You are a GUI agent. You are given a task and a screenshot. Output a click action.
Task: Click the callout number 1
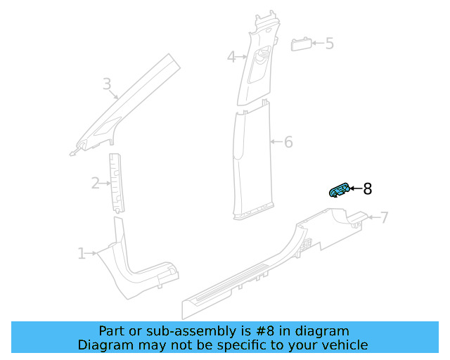[82, 253]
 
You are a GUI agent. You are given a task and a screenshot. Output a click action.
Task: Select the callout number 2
[96, 184]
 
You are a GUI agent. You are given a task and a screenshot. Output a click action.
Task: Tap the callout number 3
[107, 85]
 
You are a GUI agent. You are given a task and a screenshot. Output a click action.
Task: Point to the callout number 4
[231, 57]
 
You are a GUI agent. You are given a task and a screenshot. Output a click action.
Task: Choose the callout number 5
[329, 44]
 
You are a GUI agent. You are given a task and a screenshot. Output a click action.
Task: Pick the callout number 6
[288, 142]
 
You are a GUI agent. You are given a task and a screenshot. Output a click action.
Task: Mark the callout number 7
[384, 217]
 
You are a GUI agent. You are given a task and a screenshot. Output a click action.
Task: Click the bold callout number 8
[367, 188]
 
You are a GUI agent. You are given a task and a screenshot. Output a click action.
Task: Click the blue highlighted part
[340, 191]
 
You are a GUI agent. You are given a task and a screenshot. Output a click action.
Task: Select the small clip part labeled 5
[301, 44]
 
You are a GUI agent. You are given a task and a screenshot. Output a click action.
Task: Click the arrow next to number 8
[355, 188]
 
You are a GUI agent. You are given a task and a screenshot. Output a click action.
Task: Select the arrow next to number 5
[318, 44]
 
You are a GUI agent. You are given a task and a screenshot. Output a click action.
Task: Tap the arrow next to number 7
[373, 217]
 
